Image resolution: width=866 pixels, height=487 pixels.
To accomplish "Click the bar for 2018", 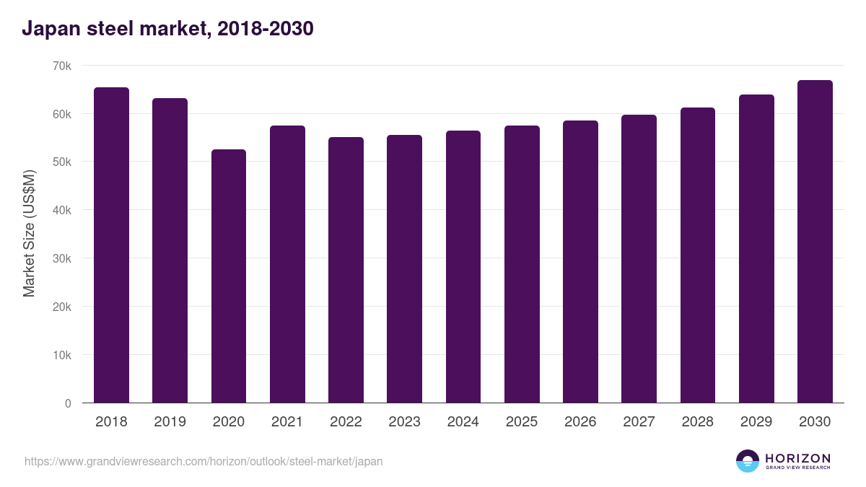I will tap(111, 245).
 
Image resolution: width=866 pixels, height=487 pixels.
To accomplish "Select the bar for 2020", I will tap(229, 276).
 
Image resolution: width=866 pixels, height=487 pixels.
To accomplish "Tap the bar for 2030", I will tap(815, 242).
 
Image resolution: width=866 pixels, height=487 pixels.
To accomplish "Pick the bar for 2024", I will tap(463, 267).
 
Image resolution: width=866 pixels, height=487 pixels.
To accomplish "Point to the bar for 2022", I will tap(346, 270).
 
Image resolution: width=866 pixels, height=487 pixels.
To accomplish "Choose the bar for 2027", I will tap(639, 259).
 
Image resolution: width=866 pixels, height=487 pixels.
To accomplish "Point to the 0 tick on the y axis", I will tap(68, 403).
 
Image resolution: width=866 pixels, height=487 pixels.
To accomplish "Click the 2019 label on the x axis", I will tap(170, 422).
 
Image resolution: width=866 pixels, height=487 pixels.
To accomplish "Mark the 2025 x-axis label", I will tap(522, 422).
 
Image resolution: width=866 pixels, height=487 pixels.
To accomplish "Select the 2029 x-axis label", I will tap(756, 422).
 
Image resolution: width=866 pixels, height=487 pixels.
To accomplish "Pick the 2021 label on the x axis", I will tap(287, 422).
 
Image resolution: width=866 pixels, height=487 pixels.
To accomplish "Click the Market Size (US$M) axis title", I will tap(29, 234).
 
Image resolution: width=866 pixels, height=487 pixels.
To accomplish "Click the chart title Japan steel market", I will tap(167, 29).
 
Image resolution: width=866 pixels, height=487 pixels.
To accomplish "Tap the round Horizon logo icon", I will tap(748, 461).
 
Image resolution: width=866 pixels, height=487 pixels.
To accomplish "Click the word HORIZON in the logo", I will tap(797, 458).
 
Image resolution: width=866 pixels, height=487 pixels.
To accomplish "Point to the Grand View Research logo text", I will tap(797, 468).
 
